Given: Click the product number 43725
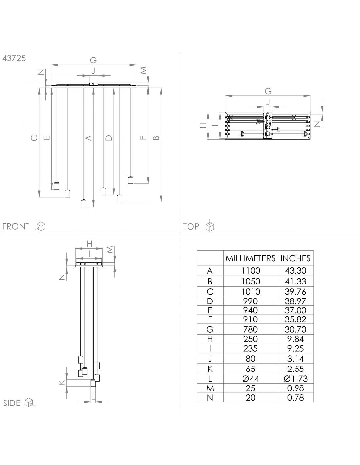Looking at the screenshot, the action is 14,58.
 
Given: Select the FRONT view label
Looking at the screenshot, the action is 15,226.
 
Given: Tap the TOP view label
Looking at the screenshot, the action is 191,226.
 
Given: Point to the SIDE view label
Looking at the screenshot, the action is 12,403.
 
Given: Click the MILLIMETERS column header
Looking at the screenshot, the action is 250,259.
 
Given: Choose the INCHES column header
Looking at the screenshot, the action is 295,259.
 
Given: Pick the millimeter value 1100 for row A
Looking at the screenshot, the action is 251,271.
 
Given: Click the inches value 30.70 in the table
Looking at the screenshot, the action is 296,329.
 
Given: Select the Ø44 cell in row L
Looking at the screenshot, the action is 251,379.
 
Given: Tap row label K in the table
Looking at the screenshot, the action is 210,369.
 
